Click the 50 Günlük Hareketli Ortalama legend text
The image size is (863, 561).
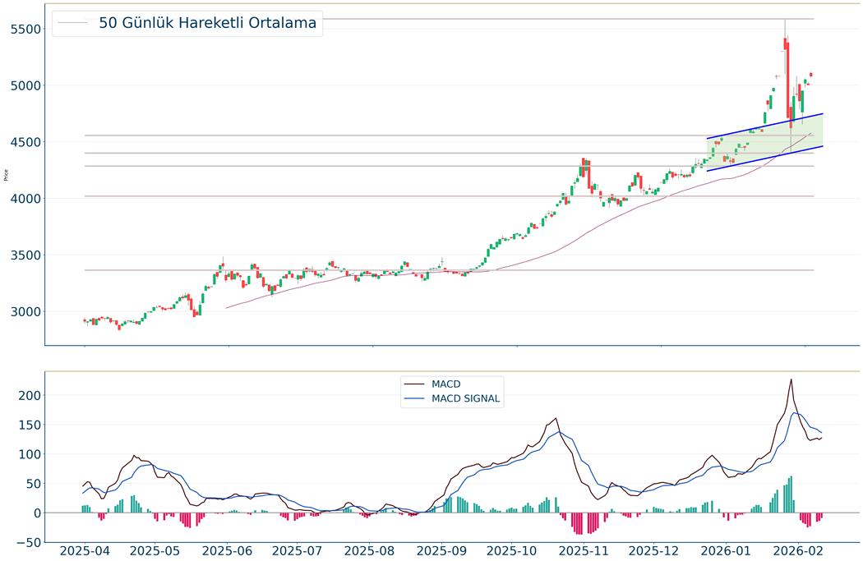tap(207, 23)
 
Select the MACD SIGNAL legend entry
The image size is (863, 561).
tap(465, 399)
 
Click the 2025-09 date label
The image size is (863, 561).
tap(443, 550)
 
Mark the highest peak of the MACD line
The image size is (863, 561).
tap(791, 379)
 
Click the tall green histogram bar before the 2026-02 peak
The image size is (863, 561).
tap(791, 494)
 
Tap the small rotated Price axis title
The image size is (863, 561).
tap(7, 174)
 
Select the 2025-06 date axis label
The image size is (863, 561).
tap(228, 550)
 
